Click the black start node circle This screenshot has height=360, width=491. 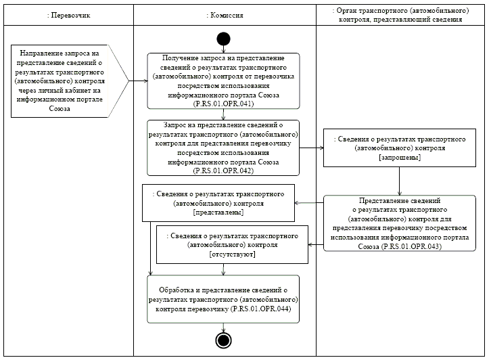223,38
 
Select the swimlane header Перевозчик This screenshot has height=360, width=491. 67,14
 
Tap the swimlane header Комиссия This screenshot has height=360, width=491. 224,14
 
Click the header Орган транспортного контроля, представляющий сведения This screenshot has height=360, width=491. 398,14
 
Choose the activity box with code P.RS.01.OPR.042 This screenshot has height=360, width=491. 223,148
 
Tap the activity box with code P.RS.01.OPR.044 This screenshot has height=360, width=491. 223,298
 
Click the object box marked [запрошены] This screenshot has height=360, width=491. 398,148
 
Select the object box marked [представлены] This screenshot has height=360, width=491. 218,202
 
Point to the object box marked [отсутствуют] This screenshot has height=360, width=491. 232,244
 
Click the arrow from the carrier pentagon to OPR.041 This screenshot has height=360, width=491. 138,81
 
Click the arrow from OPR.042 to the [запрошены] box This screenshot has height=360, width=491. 311,148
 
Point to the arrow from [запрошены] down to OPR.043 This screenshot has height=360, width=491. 398,181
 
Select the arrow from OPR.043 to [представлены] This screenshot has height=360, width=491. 309,202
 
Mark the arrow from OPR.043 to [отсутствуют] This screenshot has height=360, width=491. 316,244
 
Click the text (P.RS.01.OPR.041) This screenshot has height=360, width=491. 223,104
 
